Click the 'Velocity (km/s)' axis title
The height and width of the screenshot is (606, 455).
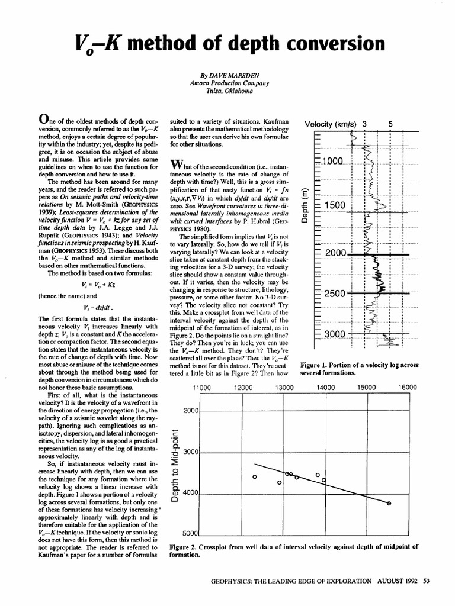click(x=330, y=124)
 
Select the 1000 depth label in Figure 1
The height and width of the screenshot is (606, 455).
click(x=333, y=162)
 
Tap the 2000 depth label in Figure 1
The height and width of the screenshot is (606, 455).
click(x=334, y=253)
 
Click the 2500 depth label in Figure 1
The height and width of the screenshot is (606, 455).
click(x=334, y=294)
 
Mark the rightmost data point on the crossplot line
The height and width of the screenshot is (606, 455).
click(x=389, y=503)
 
